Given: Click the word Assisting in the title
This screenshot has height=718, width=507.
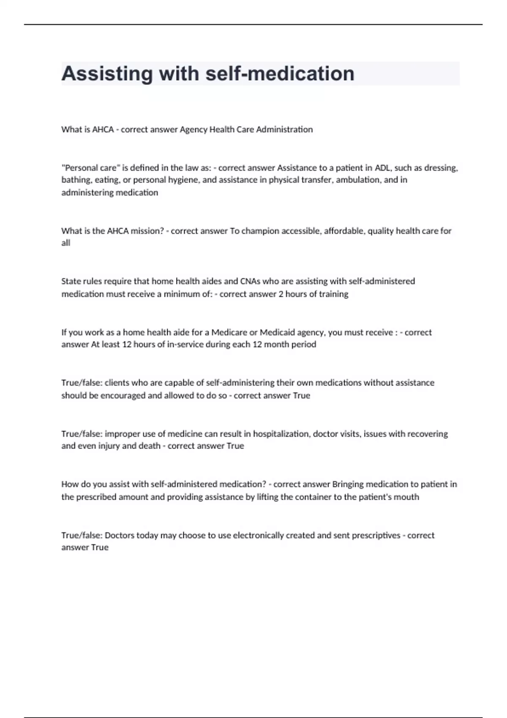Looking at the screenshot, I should tap(107, 74).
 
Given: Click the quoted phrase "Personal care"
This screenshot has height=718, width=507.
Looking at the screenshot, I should tap(91, 168).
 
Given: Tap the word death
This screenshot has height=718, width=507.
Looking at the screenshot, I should tap(150, 446).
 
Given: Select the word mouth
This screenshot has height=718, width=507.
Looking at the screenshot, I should tap(406, 497).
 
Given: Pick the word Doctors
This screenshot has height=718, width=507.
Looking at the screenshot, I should tap(120, 536).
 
